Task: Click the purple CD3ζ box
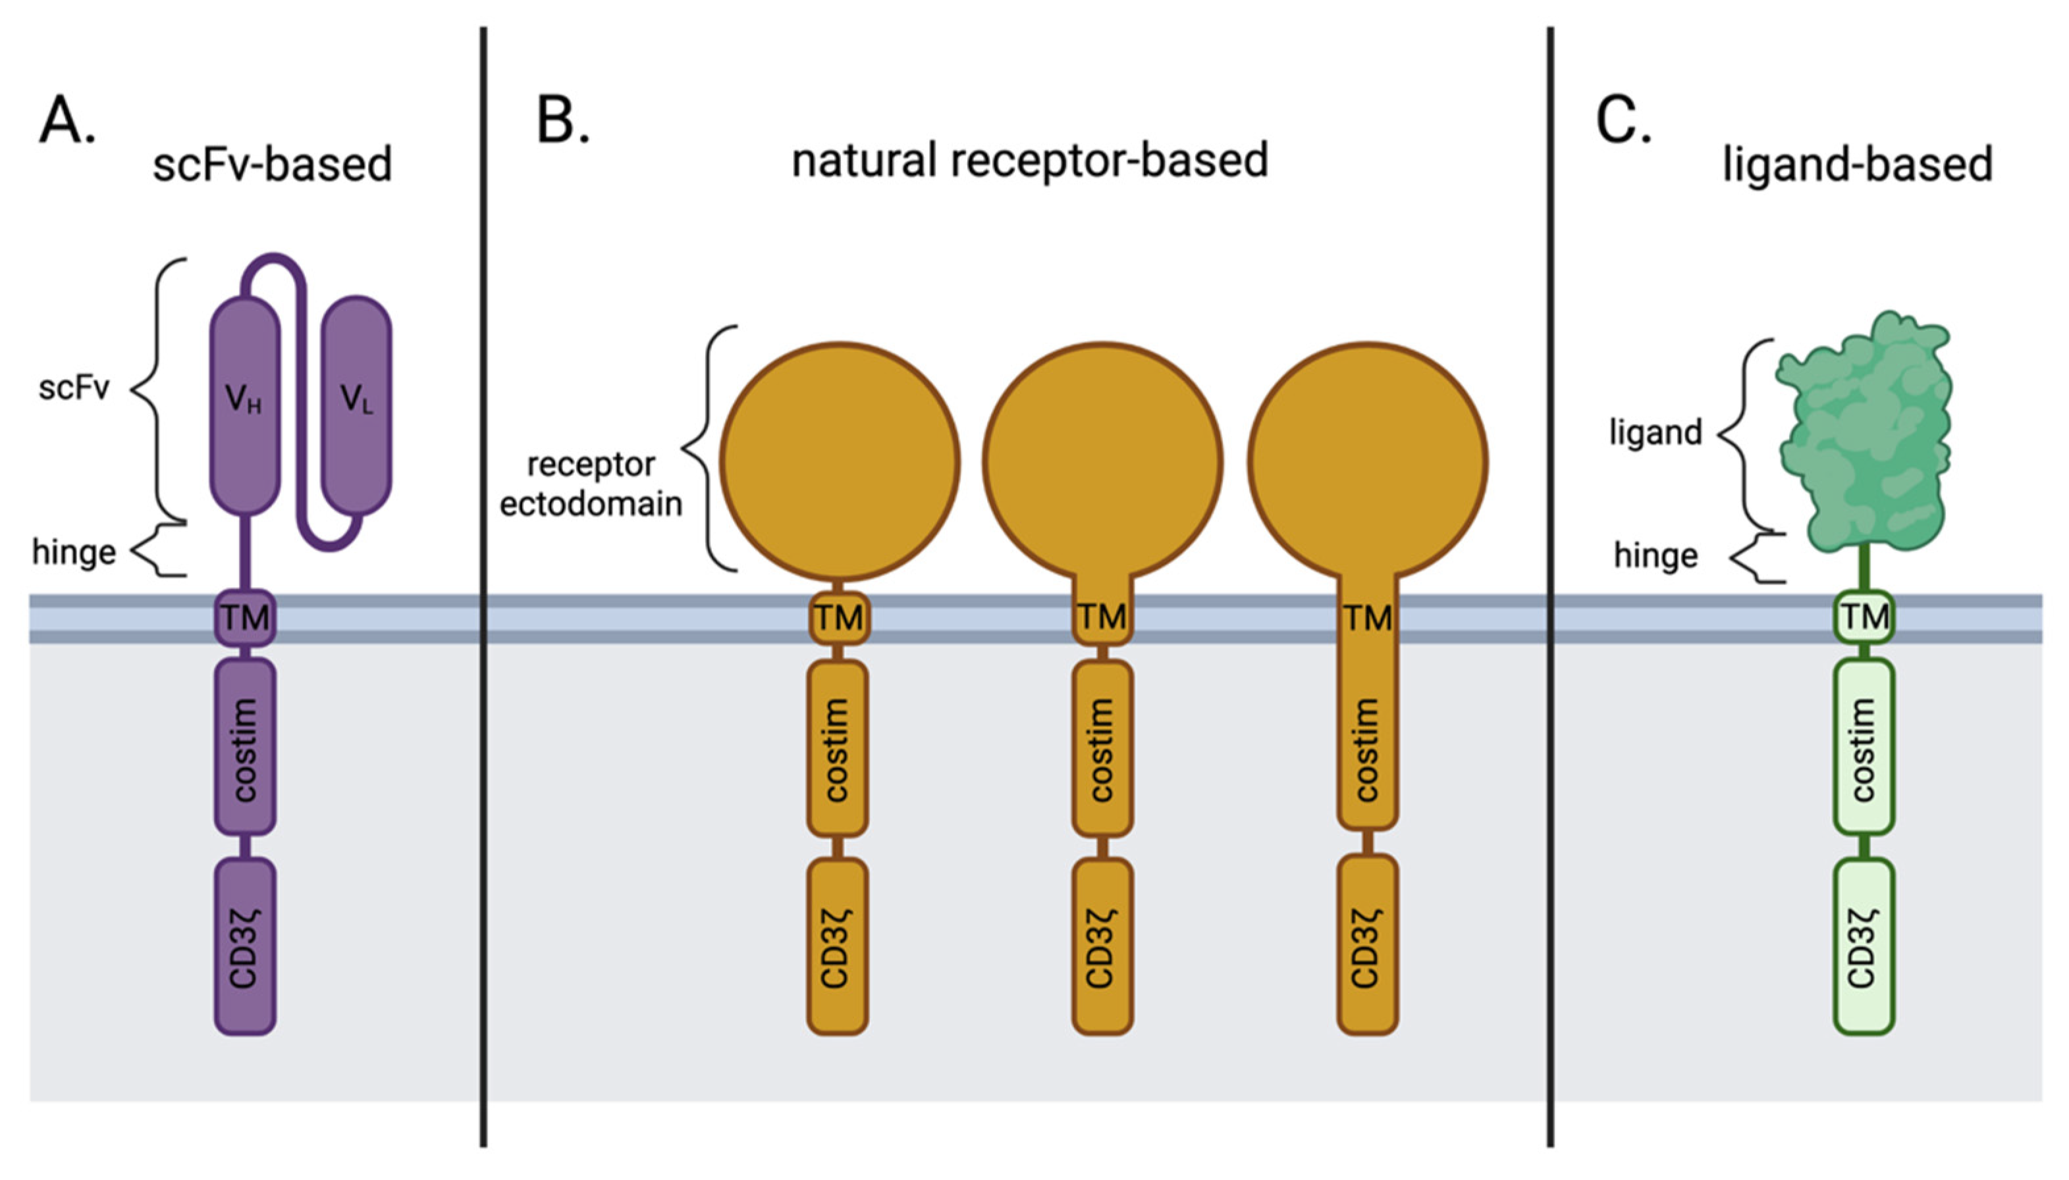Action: [x=245, y=946]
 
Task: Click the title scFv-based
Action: [x=273, y=165]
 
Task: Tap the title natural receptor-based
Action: [x=1030, y=161]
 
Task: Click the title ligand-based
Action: [x=1856, y=165]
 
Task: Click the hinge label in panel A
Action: [x=74, y=553]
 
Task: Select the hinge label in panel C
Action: [x=1655, y=556]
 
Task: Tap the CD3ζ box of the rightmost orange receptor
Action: [x=1367, y=946]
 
